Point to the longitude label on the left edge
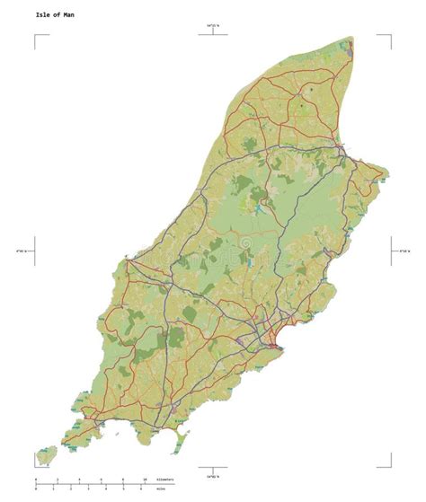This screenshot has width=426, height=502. tap(20, 250)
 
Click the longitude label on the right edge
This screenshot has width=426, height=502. tap(405, 250)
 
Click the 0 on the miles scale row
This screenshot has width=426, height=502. tap(37, 491)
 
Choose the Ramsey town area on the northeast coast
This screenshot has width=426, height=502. tap(340, 148)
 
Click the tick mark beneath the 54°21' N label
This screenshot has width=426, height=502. tap(213, 36)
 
